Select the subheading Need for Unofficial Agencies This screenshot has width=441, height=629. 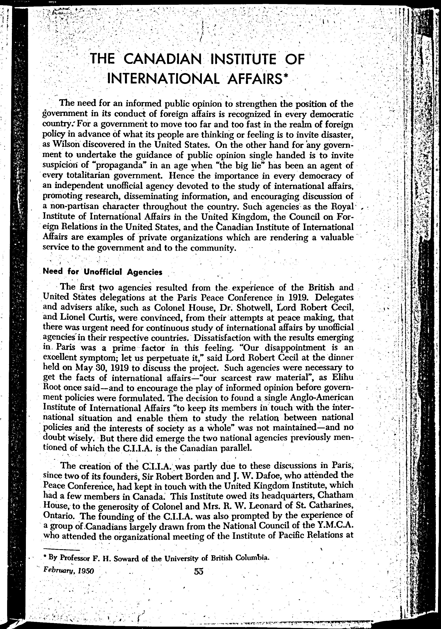[x=103, y=272]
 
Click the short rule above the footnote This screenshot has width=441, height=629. [x=61, y=550]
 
